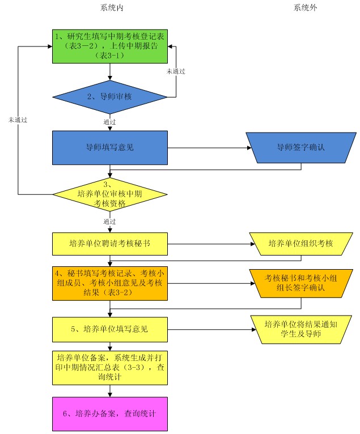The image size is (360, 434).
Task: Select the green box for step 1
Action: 111,46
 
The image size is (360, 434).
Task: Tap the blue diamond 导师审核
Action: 111,96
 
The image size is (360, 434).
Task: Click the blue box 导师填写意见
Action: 111,148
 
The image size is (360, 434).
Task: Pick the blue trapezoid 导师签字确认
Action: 300,148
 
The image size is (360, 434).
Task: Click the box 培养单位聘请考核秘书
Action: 111,244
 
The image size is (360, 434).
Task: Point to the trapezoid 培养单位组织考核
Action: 300,244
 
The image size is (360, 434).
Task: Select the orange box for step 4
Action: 111,283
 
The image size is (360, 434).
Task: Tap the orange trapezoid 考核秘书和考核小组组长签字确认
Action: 300,283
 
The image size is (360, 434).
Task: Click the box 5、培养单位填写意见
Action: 111,329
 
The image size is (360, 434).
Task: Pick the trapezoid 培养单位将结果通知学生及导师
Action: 300,329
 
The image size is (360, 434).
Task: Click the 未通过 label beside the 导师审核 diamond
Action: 176,71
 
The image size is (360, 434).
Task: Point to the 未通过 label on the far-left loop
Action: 18,121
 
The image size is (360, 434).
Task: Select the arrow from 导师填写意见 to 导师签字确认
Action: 210,148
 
